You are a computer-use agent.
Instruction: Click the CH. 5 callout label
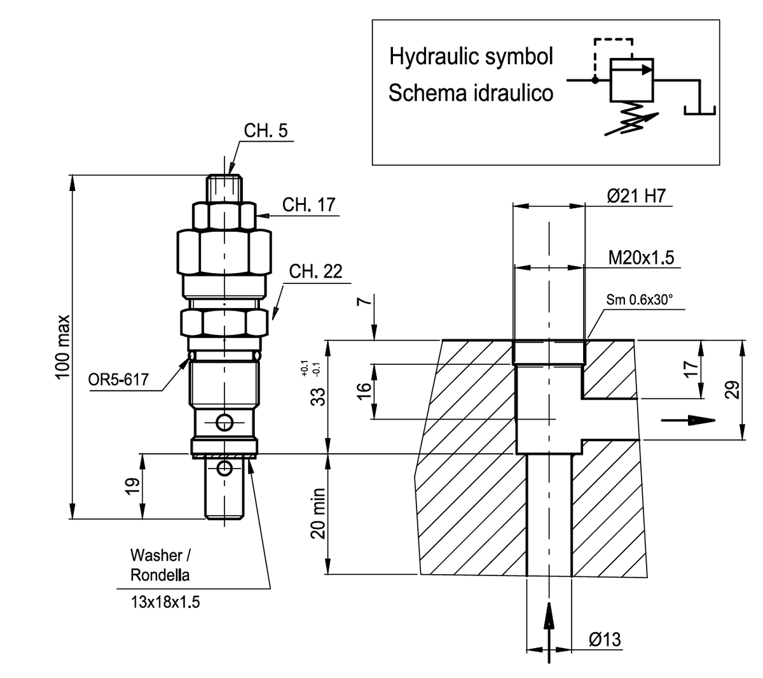coord(266,131)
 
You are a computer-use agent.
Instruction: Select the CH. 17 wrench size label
coord(308,205)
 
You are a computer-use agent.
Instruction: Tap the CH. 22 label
coord(315,271)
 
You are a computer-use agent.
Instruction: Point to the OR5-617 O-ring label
coord(118,379)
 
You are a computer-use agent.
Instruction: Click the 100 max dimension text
coord(62,347)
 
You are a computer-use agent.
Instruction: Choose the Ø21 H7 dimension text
coord(636,196)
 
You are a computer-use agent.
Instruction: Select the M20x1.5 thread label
coord(641,258)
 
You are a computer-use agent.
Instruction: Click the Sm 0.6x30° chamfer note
coord(639,300)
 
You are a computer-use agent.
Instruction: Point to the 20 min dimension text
coord(318,514)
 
